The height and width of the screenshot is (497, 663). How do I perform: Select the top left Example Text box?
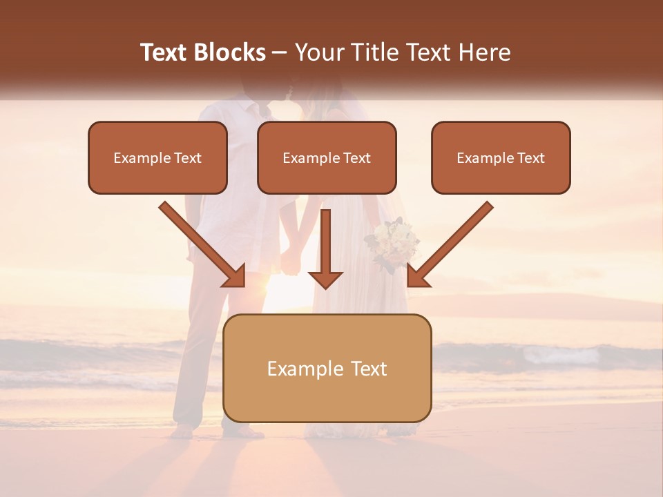pyautogui.click(x=157, y=158)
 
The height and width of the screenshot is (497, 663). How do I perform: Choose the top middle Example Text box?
pyautogui.click(x=327, y=158)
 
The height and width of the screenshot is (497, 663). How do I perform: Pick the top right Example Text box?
pyautogui.click(x=501, y=158)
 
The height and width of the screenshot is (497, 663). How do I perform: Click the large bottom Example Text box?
pyautogui.click(x=327, y=369)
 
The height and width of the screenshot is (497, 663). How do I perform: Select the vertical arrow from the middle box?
pyautogui.click(x=325, y=248)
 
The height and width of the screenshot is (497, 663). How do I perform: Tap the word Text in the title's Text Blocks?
pyautogui.click(x=164, y=52)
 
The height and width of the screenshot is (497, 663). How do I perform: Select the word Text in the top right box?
pyautogui.click(x=530, y=158)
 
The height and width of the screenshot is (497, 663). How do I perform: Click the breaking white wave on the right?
pyautogui.click(x=559, y=355)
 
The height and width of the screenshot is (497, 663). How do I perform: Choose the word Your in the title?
pyautogui.click(x=316, y=52)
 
